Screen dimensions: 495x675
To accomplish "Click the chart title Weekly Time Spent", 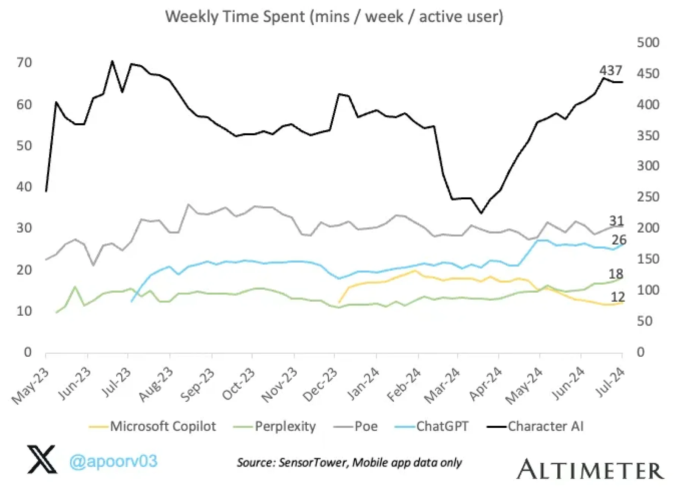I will click(x=334, y=17).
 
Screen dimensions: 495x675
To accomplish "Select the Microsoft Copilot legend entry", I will click(x=162, y=426).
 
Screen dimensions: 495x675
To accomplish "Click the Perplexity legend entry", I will click(x=285, y=426).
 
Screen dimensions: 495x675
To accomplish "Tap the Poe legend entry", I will click(x=366, y=426).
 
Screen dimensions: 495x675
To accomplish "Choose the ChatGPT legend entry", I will click(x=442, y=426).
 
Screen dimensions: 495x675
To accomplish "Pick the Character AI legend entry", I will click(x=545, y=426).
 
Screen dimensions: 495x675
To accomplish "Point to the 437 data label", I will click(x=611, y=70).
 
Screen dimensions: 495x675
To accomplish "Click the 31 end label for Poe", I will click(x=616, y=221).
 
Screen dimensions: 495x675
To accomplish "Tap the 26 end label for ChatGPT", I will click(x=619, y=240).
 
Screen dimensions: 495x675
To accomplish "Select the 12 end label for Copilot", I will click(x=618, y=297).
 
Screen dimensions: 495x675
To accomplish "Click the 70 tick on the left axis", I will click(x=24, y=63).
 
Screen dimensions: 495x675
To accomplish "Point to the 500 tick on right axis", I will click(x=648, y=42).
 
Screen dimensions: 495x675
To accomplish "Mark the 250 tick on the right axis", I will click(x=648, y=197).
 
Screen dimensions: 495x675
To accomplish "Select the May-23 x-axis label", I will click(x=31, y=386).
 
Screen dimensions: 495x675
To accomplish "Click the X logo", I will click(x=42, y=459).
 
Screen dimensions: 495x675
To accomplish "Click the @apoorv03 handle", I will click(x=113, y=461).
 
